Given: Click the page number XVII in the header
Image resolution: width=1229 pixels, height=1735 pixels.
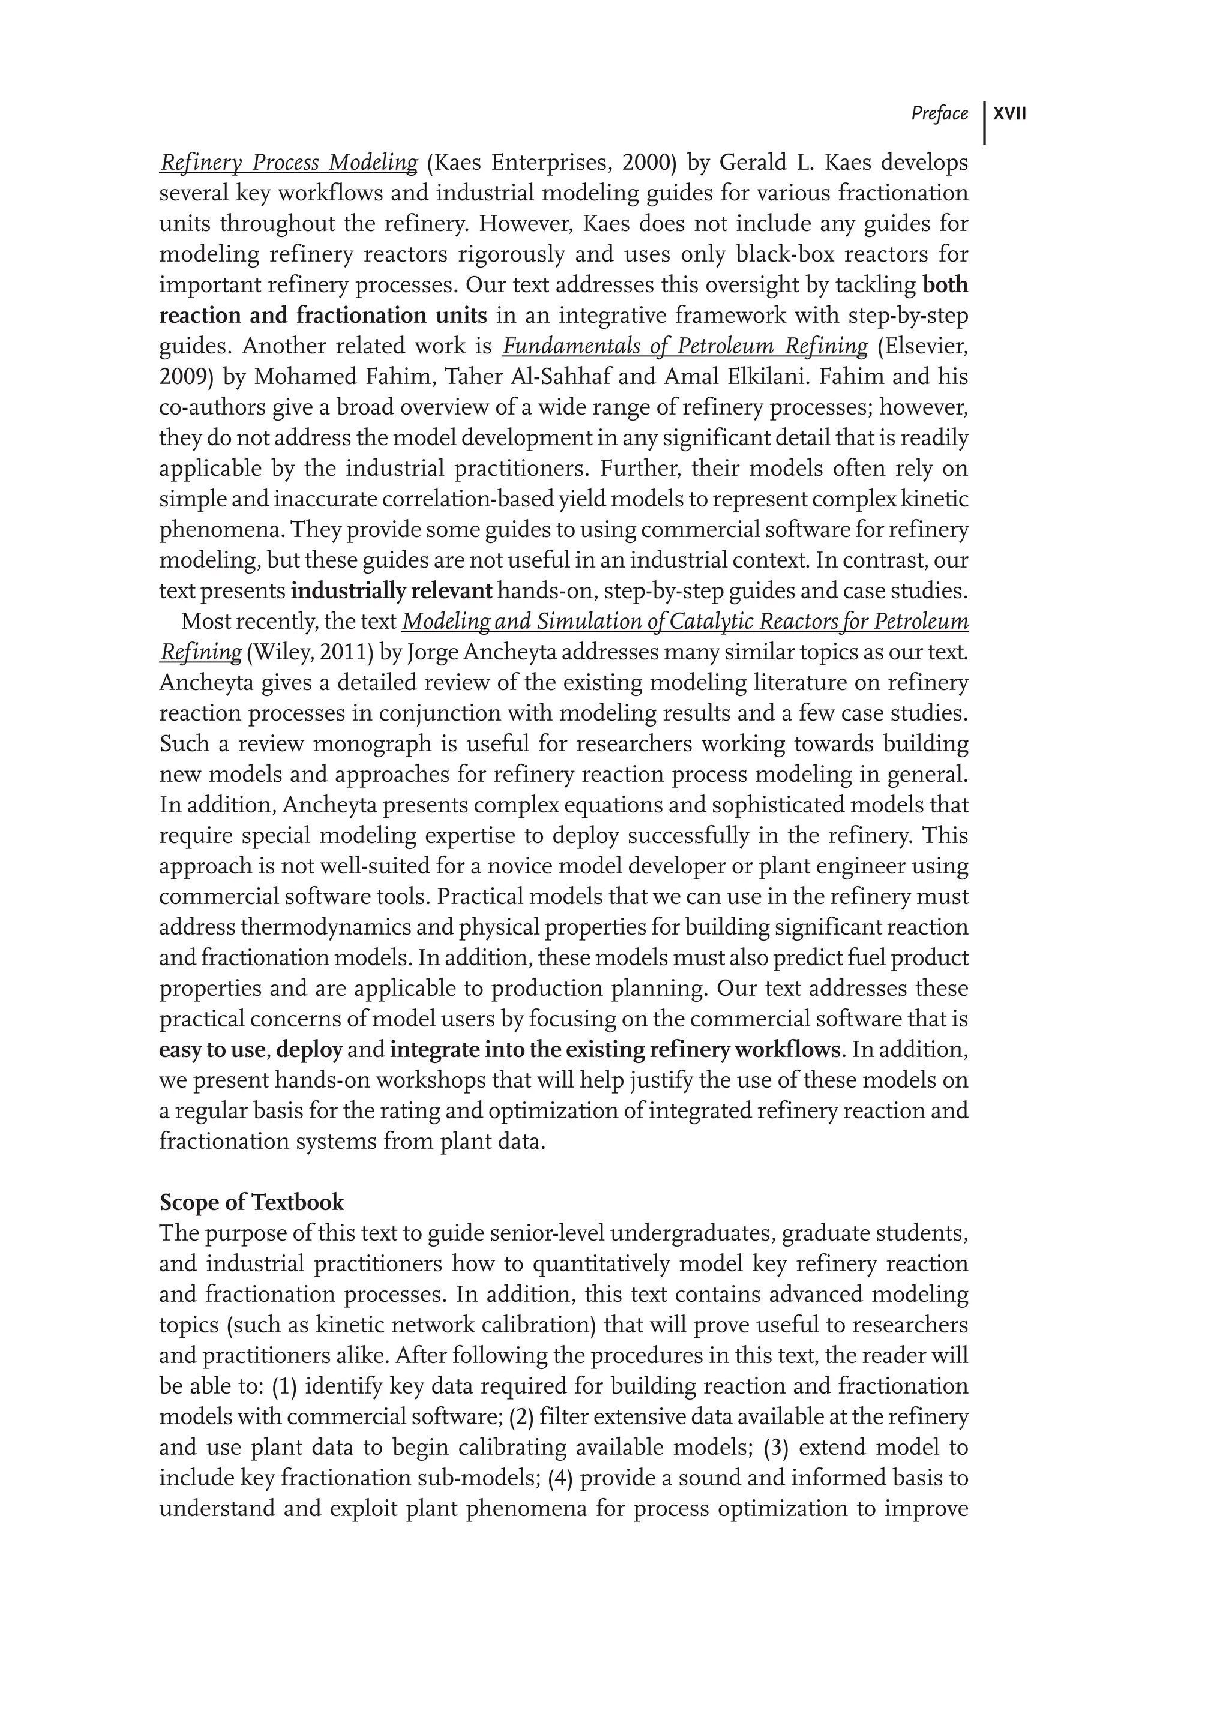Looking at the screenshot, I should point(1009,114).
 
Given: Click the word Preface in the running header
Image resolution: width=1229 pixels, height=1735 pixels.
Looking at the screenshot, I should point(939,114).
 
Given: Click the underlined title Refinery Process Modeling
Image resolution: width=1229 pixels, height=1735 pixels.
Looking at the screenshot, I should point(288,163).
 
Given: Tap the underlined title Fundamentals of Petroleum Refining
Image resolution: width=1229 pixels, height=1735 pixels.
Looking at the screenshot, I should point(685,347).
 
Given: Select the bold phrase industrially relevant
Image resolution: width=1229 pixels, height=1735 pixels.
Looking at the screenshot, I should point(391,591).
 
